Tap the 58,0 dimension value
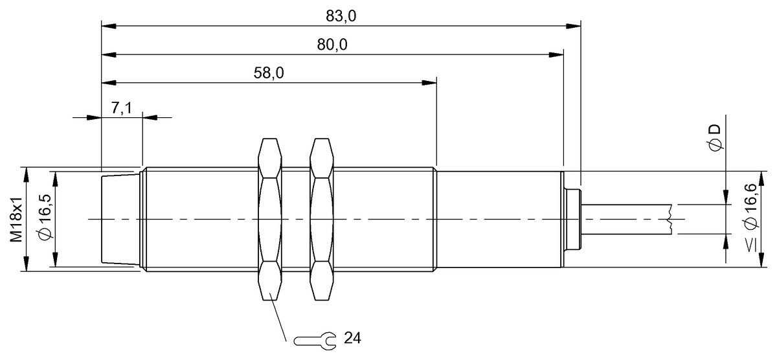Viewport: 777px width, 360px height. tap(268, 73)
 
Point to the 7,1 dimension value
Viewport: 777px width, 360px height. tap(121, 108)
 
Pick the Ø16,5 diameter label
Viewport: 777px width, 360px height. tap(45, 219)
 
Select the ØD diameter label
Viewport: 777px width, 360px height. tap(715, 139)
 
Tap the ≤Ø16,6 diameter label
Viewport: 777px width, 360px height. tap(751, 218)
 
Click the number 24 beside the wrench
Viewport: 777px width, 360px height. tap(353, 339)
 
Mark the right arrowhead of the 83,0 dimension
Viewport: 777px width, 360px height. tap(574, 27)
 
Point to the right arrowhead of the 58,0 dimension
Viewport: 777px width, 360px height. tap(429, 82)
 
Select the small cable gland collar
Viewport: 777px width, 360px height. tap(573, 219)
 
